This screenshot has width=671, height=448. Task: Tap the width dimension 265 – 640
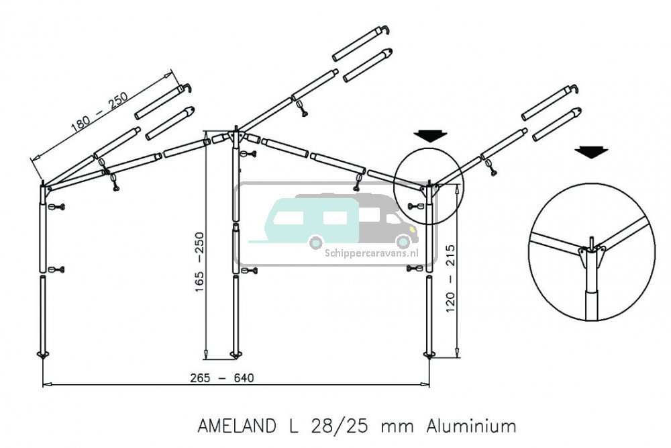point(226,378)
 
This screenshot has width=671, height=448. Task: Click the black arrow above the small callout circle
point(430,135)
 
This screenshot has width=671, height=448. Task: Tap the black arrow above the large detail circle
point(591,152)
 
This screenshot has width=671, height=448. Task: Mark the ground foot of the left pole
point(43,355)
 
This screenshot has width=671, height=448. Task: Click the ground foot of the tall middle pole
point(236,354)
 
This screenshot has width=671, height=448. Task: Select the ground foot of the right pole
point(429,354)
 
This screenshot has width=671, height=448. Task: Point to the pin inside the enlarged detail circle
point(590,243)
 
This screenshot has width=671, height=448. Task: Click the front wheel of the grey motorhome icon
point(403,241)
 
